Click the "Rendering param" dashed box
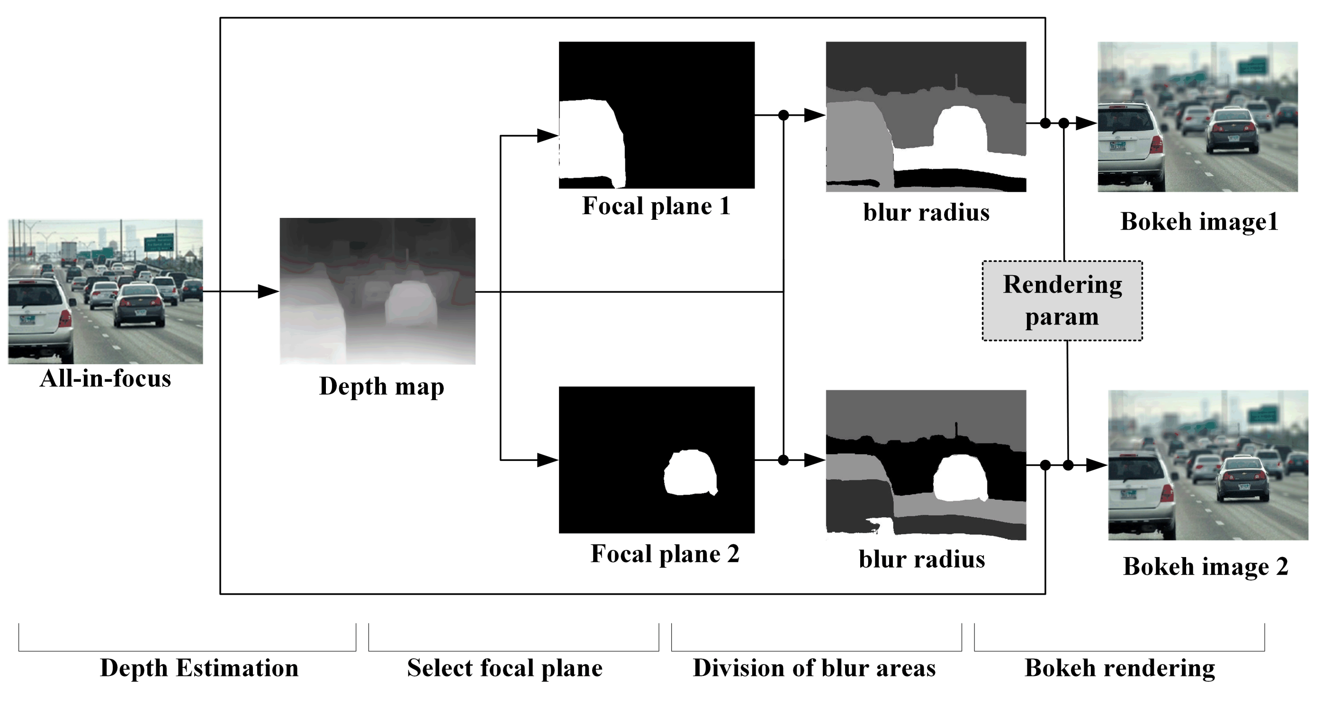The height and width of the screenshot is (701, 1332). [1062, 300]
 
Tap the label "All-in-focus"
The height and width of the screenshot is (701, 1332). [106, 378]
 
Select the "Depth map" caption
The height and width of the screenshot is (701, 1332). [382, 386]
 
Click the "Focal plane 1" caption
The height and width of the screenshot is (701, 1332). [656, 206]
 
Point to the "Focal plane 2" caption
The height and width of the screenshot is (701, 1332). [665, 554]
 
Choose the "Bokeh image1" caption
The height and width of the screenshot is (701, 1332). [1199, 221]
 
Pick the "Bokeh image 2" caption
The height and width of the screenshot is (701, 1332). [1206, 566]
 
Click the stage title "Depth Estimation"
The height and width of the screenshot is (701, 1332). [199, 667]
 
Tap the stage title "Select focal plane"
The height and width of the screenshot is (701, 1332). [504, 667]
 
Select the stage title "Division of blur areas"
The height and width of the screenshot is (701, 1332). [814, 667]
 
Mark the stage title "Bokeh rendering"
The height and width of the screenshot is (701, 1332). [1119, 667]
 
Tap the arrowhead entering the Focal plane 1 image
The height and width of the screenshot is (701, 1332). [548, 136]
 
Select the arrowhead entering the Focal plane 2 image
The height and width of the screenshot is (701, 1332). [548, 459]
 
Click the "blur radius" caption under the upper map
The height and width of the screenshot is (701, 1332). [926, 213]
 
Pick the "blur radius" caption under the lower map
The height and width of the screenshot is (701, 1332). [922, 559]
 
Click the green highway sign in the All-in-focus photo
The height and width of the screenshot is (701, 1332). [158, 243]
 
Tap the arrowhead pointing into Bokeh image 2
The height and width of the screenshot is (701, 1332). [1096, 465]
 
